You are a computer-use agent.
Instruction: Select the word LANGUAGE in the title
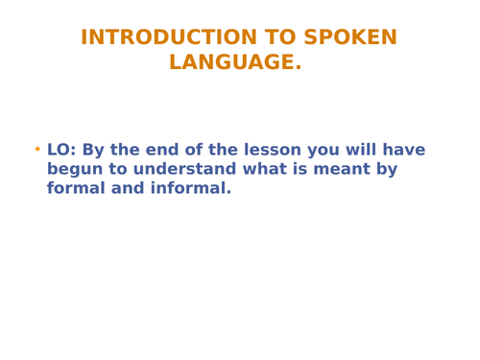click(x=231, y=62)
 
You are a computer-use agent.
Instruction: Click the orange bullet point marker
click(x=37, y=150)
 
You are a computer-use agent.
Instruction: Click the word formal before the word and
click(x=77, y=188)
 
